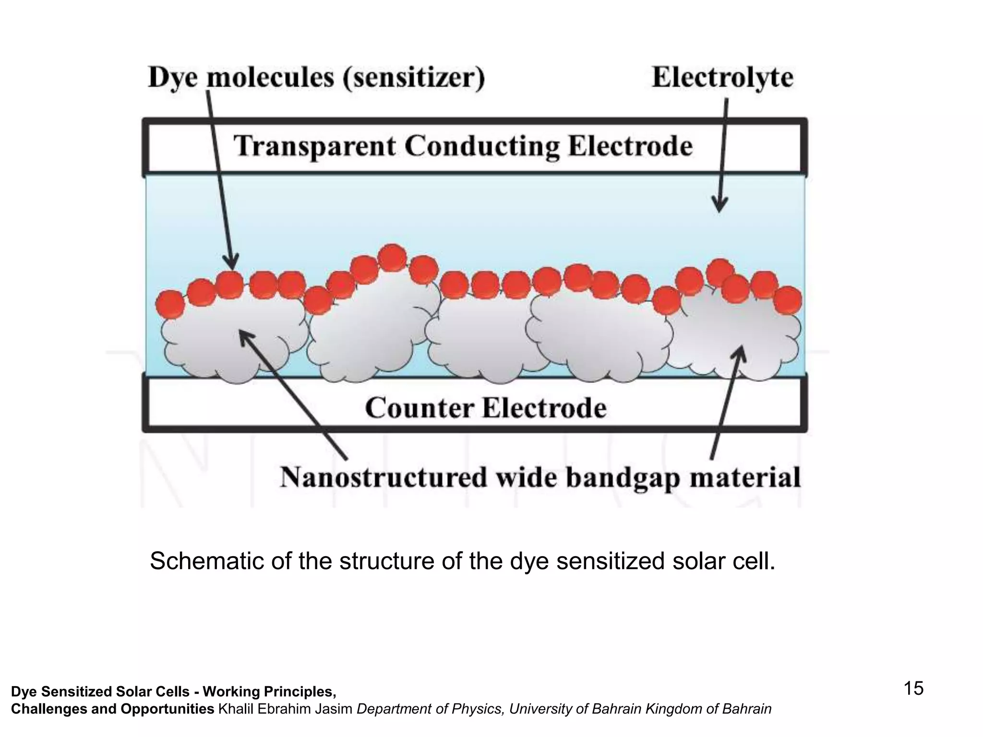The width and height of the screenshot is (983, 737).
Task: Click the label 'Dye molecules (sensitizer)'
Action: point(316,77)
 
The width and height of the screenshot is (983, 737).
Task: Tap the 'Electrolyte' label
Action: point(722,77)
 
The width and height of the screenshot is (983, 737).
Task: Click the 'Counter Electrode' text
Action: point(485,408)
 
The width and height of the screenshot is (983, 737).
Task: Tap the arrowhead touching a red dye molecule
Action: point(232,263)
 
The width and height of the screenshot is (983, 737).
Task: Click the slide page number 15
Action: point(913,689)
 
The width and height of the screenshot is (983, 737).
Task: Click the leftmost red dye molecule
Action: point(170,304)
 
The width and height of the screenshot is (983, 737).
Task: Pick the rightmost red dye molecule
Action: point(788,300)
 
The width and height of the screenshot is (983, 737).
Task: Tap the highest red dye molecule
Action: point(392,258)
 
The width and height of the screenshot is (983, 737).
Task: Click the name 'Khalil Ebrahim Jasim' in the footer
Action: point(285,709)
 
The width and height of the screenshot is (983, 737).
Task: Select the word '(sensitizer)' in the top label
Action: point(413,77)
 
